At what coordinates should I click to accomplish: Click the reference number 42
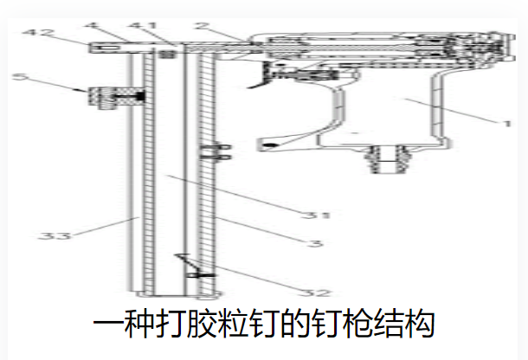click(34, 35)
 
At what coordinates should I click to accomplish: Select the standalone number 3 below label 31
click(319, 244)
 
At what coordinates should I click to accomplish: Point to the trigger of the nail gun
click(260, 78)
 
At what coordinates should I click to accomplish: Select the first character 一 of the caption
click(109, 326)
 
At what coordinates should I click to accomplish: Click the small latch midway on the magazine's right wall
click(210, 153)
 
